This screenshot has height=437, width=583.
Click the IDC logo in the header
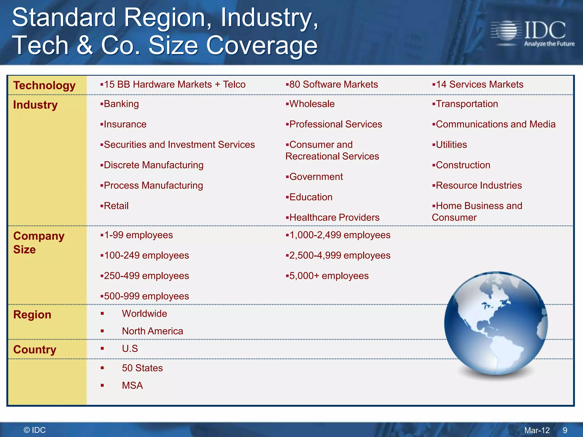532,34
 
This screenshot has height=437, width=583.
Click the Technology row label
44,85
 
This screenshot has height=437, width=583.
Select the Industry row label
35,105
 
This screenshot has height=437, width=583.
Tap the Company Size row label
39,242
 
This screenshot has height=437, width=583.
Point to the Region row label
32,315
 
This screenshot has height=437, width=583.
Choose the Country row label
35,349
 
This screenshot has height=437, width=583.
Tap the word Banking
121,104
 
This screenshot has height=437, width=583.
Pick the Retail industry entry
116,206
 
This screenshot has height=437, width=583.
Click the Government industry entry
316,177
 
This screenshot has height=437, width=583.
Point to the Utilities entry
451,145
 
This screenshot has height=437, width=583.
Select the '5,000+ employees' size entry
329,276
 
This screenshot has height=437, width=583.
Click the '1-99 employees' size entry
138,235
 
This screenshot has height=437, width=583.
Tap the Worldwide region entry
144,314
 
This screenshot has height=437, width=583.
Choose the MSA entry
132,386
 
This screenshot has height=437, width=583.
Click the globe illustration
496,324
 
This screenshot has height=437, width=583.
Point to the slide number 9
565,430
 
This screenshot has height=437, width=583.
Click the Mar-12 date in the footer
537,430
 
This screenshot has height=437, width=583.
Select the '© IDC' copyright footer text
35,430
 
